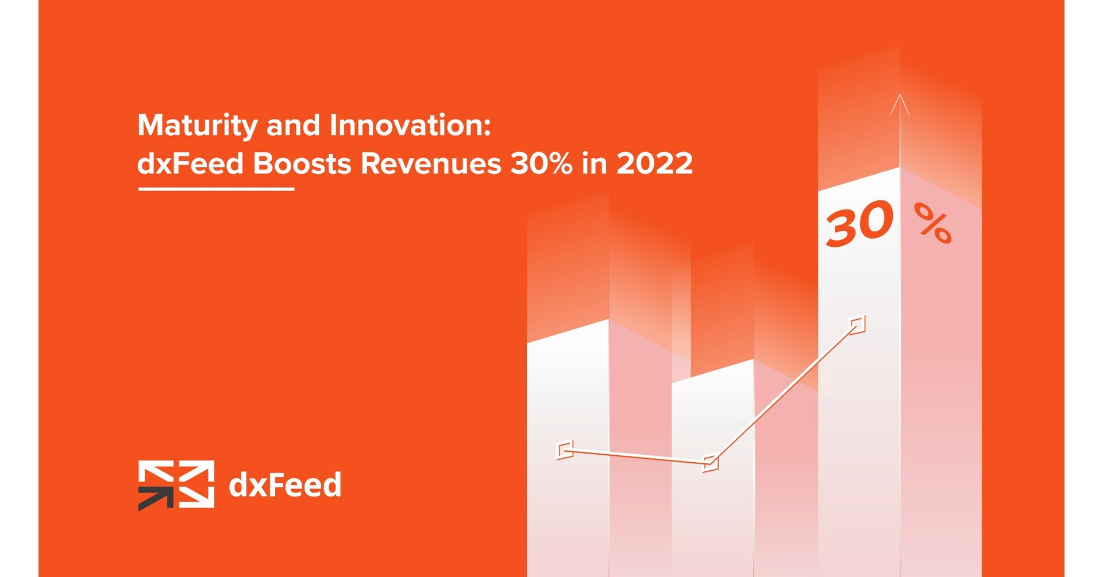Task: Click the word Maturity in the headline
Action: pyautogui.click(x=197, y=126)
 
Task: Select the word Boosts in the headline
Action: pyautogui.click(x=302, y=164)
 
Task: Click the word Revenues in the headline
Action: pyautogui.click(x=431, y=164)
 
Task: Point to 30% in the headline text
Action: pyautogui.click(x=541, y=164)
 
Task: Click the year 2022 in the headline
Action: pyautogui.click(x=654, y=164)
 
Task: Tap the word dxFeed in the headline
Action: pyautogui.click(x=191, y=164)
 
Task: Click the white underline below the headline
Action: pyautogui.click(x=216, y=188)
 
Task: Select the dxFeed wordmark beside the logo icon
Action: pyautogui.click(x=285, y=485)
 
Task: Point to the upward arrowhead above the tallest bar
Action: pyautogui.click(x=900, y=104)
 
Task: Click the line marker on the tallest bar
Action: pyautogui.click(x=857, y=324)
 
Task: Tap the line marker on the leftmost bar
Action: pyautogui.click(x=565, y=450)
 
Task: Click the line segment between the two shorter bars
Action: pyautogui.click(x=638, y=456)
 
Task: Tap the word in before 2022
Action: pyautogui.click(x=594, y=164)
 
